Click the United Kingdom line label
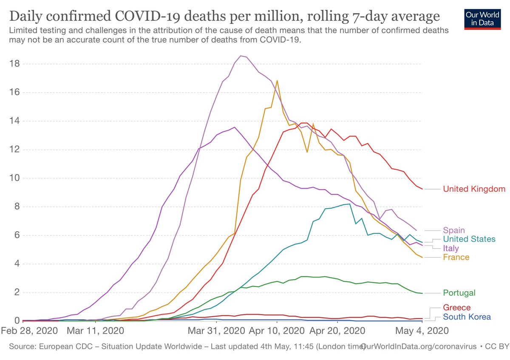click(474, 189)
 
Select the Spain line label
click(454, 230)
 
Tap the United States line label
click(469, 239)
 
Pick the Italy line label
click(450, 248)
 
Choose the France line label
click(456, 257)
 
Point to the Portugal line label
click(459, 293)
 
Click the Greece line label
click(457, 307)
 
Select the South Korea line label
click(467, 317)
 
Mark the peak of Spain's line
click(241, 56)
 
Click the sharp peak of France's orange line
click(277, 81)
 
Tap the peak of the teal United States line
click(349, 204)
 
